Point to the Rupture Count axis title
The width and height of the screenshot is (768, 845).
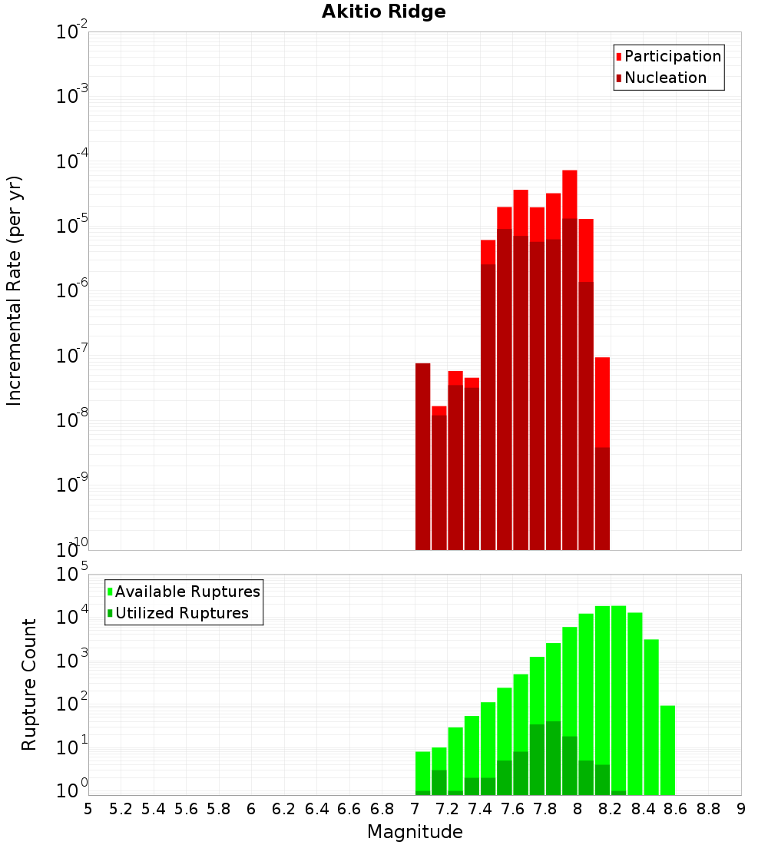tap(29, 684)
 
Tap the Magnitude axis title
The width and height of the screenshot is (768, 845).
tap(415, 832)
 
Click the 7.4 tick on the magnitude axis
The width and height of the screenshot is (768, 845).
tap(480, 809)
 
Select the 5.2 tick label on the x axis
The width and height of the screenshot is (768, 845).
tap(121, 809)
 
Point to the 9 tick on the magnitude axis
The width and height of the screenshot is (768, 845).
tap(741, 809)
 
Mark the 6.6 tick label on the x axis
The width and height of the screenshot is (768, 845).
tap(349, 809)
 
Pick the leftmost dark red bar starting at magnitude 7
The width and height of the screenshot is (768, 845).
tap(422, 461)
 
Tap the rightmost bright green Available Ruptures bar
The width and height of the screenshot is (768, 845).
tap(667, 749)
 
